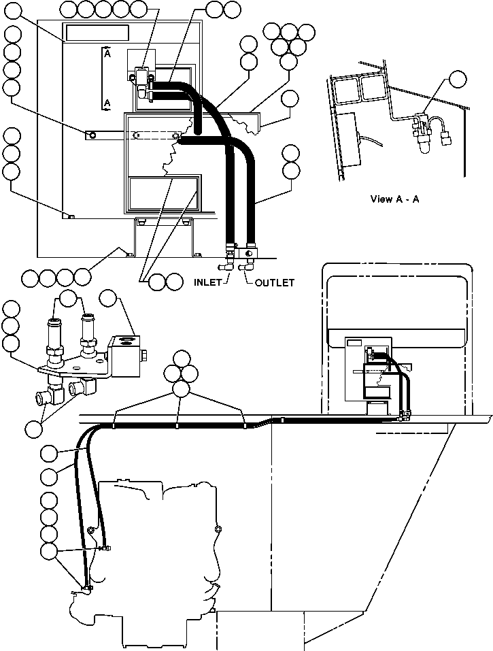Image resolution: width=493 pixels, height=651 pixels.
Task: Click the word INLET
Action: point(208,282)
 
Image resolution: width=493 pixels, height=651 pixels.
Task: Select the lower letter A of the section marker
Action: point(107,102)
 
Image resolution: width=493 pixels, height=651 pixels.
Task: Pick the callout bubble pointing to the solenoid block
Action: point(109,299)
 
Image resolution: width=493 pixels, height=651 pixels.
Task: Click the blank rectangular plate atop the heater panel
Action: point(97,33)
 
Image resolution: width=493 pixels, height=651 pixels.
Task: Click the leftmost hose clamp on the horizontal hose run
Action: point(115,427)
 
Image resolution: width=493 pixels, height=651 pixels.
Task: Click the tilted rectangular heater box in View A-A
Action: point(352,139)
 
